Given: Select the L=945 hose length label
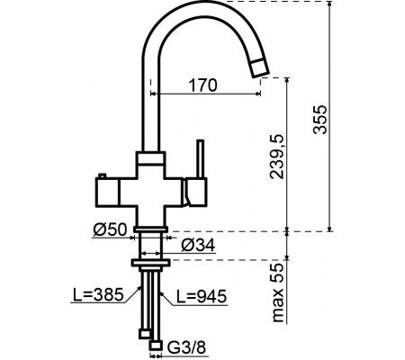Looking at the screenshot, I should [200, 294].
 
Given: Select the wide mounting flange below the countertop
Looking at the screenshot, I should [149, 264].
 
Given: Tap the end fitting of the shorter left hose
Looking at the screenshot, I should [143, 335].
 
